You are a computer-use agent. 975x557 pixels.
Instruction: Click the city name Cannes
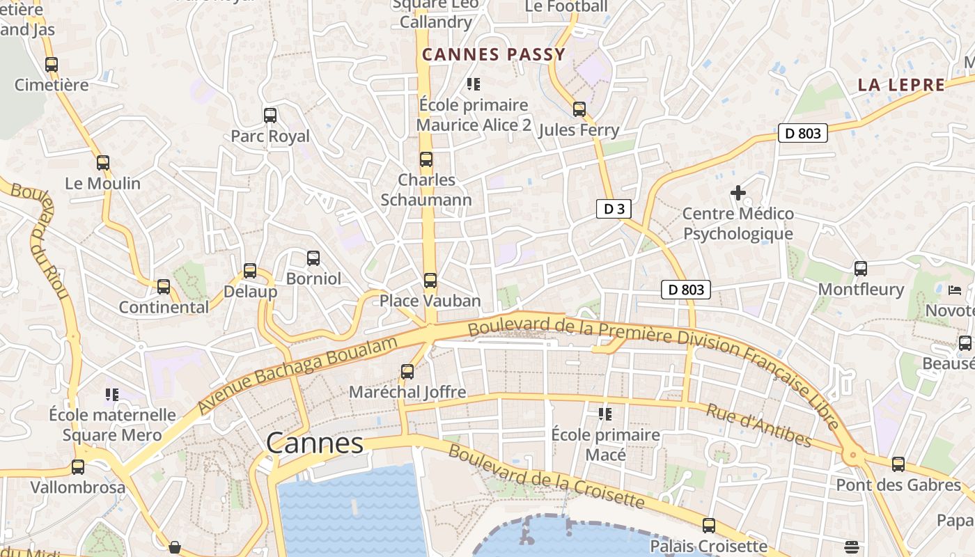(315, 443)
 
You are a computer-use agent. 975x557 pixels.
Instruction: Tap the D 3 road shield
(614, 209)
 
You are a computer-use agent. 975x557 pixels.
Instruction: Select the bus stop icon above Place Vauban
(430, 281)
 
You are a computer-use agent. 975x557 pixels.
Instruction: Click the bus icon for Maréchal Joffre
(407, 372)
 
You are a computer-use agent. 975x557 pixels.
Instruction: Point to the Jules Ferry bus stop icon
(579, 109)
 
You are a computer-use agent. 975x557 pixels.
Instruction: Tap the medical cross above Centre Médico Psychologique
(738, 192)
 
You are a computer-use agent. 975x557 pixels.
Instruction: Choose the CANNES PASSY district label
(494, 54)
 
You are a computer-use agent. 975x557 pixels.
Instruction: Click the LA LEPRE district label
(901, 85)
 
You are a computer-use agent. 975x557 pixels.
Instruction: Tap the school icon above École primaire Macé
(605, 414)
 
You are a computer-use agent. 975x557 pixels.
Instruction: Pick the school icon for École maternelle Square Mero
(112, 395)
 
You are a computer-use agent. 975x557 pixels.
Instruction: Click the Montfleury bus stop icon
(861, 269)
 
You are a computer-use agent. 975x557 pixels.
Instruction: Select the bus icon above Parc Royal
(270, 116)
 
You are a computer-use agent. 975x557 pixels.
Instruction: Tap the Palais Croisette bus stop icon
(708, 526)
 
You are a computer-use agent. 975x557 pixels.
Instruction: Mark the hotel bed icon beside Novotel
(955, 290)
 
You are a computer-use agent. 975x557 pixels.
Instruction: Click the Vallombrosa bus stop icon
(78, 467)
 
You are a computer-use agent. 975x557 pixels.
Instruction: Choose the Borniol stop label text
(313, 278)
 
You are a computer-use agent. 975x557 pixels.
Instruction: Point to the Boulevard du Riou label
(48, 240)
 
